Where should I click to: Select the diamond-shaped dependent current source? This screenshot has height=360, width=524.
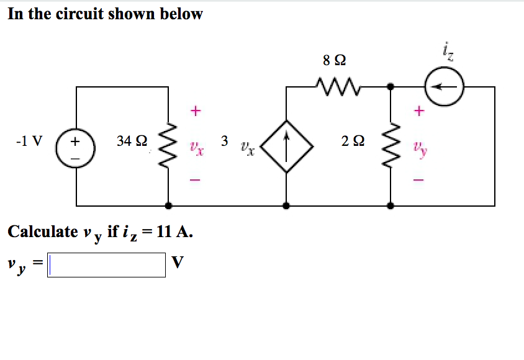coord(286,147)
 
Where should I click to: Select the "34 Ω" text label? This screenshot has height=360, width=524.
coord(132,142)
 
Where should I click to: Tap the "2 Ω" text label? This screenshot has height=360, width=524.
coord(353,142)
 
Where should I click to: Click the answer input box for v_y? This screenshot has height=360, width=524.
coord(107,264)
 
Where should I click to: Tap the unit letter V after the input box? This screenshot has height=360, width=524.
coord(178,263)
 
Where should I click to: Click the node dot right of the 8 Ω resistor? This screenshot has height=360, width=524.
coord(391,87)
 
